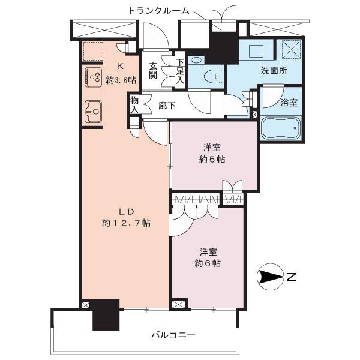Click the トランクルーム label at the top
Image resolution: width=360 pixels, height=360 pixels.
(158, 11)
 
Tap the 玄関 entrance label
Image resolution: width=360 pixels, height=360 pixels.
(153, 71)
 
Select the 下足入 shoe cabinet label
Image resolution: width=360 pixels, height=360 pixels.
(180, 71)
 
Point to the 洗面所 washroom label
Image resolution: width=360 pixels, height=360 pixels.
(274, 70)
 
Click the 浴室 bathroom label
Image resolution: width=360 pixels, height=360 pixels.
(289, 103)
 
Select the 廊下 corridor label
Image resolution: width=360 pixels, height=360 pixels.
(167, 106)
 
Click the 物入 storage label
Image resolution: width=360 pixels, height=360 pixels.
(134, 104)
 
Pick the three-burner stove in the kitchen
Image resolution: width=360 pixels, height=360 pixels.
(93, 77)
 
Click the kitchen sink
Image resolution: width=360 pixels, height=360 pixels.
(93, 112)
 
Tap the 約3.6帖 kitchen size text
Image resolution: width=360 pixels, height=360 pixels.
(121, 80)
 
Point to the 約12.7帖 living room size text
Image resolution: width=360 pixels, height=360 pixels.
(126, 223)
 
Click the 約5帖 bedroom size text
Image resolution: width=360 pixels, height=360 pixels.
(212, 160)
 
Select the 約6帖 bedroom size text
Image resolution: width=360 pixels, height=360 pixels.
(208, 263)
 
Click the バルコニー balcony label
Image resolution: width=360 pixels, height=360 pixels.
(173, 335)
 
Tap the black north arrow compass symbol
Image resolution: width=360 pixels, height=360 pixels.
(271, 277)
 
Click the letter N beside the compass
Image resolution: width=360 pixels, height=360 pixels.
(292, 277)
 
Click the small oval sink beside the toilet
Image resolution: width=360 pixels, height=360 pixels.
(196, 61)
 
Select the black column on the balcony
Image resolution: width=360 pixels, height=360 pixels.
(106, 315)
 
